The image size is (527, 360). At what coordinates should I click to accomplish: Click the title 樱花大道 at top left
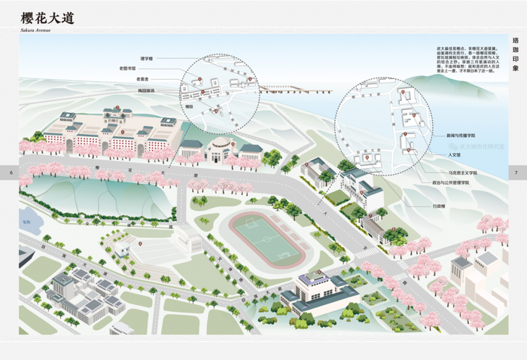coord(47,17)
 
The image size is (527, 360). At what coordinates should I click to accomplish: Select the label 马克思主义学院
coord(460,172)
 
